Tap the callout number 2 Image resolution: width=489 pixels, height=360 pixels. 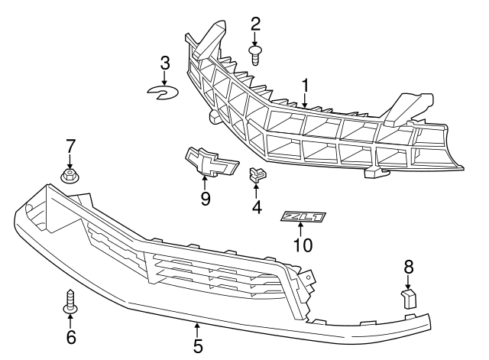click(256, 24)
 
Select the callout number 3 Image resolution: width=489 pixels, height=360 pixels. click(165, 63)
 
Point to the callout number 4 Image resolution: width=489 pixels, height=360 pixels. click(257, 207)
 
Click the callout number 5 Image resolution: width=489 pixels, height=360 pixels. click(198, 346)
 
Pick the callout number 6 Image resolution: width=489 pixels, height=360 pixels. click(71, 336)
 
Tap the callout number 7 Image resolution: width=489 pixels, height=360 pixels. click(70, 146)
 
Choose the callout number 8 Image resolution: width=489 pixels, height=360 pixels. click(409, 268)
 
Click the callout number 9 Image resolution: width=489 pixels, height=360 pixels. click(206, 199)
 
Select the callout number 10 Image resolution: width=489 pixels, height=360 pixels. click(303, 245)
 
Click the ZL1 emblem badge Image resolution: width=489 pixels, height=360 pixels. click(303, 217)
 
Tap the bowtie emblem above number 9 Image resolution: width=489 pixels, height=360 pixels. click(212, 162)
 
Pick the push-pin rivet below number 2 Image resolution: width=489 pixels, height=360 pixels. click(255, 56)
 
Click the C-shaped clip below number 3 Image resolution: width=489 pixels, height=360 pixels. click(163, 92)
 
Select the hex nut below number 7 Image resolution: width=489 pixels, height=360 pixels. click(69, 176)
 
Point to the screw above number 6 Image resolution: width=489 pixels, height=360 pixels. click(70, 301)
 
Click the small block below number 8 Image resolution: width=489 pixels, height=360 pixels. click(409, 298)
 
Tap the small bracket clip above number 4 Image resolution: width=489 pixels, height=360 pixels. click(257, 174)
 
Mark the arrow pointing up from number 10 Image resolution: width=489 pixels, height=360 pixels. click(300, 230)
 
